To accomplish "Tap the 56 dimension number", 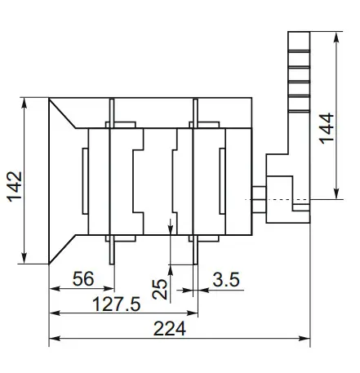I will coord(82,278).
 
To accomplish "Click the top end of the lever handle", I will coord(298,35).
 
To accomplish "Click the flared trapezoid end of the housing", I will coord(64,180).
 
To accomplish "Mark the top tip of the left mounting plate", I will coord(111,101).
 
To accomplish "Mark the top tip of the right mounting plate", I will coord(195,101).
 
